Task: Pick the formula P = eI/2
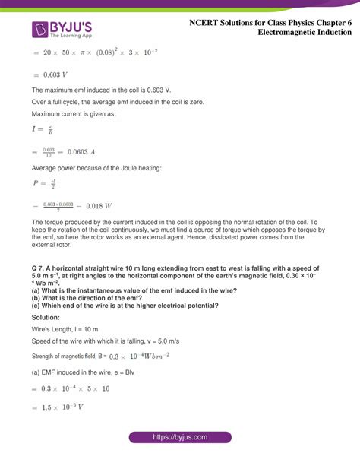(44, 183)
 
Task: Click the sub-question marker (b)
(37, 296)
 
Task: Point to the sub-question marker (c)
(37, 306)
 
